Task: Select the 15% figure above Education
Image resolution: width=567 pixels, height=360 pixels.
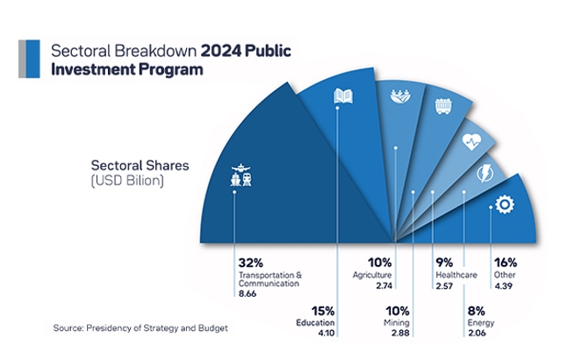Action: pyautogui.click(x=322, y=311)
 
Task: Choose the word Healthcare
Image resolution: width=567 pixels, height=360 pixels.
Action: pyautogui.click(x=456, y=275)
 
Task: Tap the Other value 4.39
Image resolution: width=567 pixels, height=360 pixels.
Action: pyautogui.click(x=504, y=286)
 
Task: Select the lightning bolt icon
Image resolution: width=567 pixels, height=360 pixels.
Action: pyautogui.click(x=483, y=171)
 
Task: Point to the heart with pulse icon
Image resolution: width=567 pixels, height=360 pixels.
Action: pyautogui.click(x=471, y=139)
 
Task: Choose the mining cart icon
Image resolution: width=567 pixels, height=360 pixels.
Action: pyautogui.click(x=443, y=107)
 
